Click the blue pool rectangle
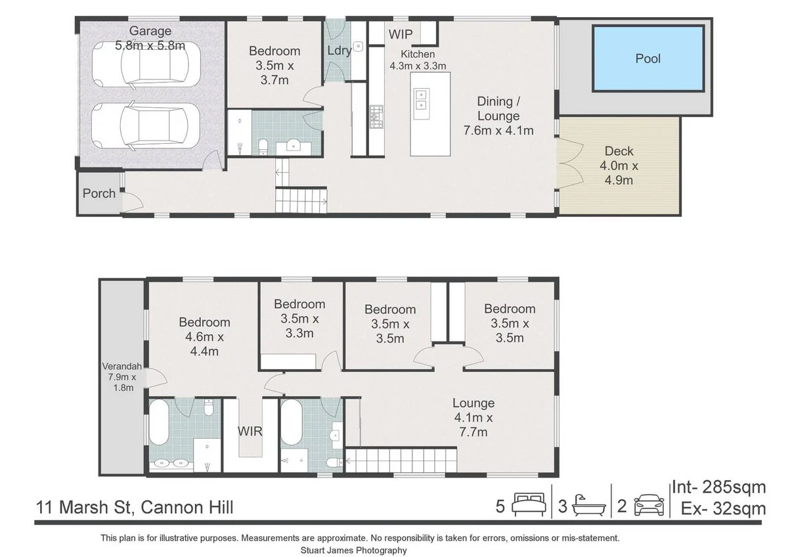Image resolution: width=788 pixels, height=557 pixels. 647,58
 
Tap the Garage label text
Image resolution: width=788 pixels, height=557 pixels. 150,31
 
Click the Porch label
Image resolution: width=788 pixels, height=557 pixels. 99,193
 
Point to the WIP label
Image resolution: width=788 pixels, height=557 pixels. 400,33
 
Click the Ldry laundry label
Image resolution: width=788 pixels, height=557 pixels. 339,51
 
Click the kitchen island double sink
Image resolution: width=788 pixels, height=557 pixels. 420,99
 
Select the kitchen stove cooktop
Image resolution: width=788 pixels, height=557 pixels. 377,117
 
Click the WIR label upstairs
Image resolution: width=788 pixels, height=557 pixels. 250,432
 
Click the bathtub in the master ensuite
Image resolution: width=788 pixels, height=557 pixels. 159,424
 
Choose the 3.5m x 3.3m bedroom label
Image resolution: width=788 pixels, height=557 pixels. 299,319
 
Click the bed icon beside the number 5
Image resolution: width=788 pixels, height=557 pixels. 529,506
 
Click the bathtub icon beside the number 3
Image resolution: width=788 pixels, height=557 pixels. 588,506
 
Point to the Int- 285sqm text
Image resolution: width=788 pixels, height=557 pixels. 718,487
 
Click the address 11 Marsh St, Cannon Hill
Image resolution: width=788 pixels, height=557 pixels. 135,507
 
